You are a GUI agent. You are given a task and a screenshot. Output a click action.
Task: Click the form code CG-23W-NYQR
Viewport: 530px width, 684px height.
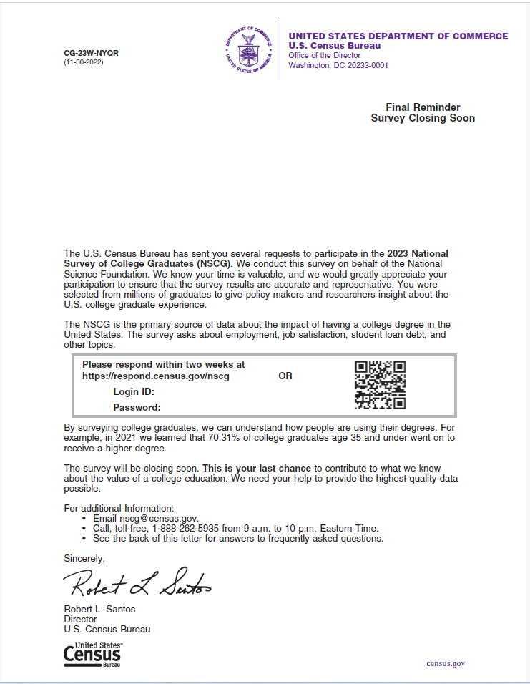pos(92,54)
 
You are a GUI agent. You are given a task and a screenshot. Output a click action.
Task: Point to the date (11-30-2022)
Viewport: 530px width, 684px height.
pos(84,62)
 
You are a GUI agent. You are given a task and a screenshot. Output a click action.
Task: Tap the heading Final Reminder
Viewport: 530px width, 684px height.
pos(423,107)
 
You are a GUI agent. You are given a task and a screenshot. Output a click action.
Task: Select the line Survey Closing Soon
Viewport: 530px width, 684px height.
pos(423,119)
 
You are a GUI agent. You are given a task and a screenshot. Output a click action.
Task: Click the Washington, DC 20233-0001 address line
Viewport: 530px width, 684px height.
pos(338,65)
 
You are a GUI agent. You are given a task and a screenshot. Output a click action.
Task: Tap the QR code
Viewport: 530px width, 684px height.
pos(381,385)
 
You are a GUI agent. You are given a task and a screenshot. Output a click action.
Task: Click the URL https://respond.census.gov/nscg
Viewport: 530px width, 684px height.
pos(156,376)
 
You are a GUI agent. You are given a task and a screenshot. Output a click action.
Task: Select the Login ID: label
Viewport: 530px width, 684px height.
pos(134,391)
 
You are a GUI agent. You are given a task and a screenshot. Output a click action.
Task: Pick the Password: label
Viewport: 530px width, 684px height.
pos(137,407)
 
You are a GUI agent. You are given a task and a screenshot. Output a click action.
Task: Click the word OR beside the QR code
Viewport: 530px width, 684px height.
pos(285,376)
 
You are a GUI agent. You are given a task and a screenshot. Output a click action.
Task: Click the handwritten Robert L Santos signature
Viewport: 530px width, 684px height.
pos(140,585)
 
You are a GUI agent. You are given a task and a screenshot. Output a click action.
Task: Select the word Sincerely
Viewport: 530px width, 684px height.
pos(84,558)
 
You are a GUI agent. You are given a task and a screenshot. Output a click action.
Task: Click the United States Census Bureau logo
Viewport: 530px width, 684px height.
pos(92,655)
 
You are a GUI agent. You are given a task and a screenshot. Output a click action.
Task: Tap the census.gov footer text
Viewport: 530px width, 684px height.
pos(446,663)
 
